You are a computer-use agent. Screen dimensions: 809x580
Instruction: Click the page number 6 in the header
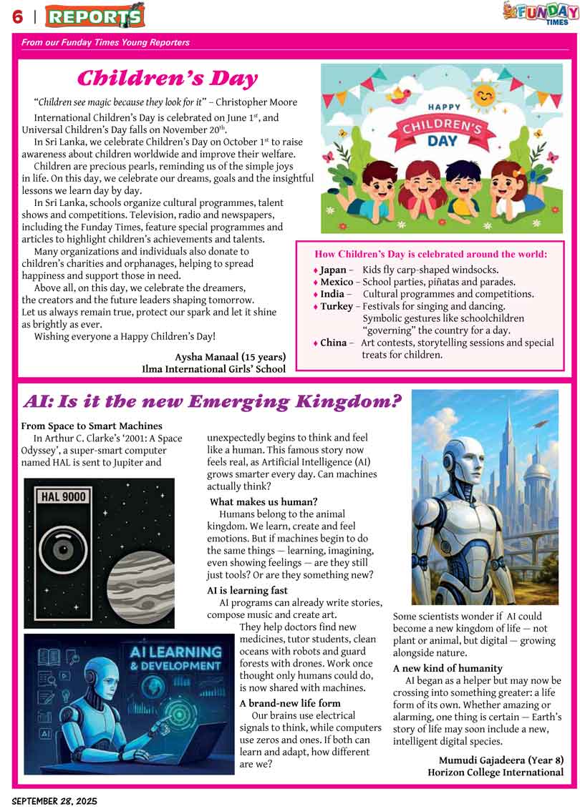(17, 15)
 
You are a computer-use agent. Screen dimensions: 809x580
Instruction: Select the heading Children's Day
(167, 78)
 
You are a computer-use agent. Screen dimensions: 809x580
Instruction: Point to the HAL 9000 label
(64, 496)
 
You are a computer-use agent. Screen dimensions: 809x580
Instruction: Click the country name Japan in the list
(333, 270)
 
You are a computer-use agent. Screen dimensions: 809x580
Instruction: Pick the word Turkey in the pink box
(337, 306)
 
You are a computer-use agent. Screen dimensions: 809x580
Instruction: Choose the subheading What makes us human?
(264, 501)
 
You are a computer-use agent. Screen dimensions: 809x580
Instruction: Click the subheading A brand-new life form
(290, 703)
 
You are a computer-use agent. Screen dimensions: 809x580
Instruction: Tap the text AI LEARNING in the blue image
(175, 652)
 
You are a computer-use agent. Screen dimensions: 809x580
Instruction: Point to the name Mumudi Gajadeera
(501, 760)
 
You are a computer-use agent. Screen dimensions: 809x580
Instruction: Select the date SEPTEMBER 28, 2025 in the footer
(54, 801)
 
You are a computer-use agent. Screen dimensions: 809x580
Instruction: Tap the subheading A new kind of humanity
(448, 668)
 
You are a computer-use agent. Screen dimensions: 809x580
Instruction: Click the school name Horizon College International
(496, 773)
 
